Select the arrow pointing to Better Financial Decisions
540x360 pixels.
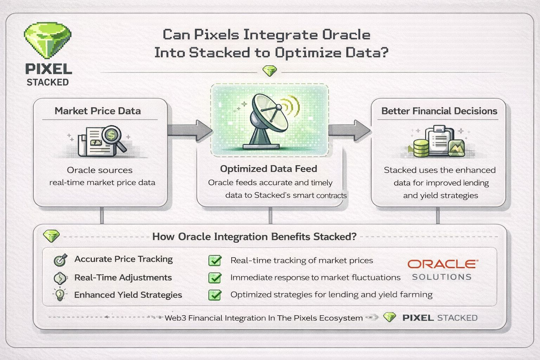pos(349,130)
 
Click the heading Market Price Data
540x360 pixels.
pos(98,111)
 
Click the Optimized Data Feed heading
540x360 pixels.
pos(269,169)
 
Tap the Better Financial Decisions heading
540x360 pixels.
pos(439,111)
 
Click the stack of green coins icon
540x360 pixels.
pos(421,148)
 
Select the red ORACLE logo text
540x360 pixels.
pos(443,264)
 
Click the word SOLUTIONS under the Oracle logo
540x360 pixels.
pos(442,277)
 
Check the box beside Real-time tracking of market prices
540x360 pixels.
pos(215,261)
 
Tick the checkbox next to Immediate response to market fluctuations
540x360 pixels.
pos(215,278)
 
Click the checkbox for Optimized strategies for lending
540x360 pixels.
pos(215,295)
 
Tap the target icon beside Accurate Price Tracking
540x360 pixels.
pos(60,260)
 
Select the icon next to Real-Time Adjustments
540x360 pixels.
pos(60,278)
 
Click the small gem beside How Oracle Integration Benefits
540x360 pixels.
pos(51,236)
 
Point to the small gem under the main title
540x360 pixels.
pos(270,71)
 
